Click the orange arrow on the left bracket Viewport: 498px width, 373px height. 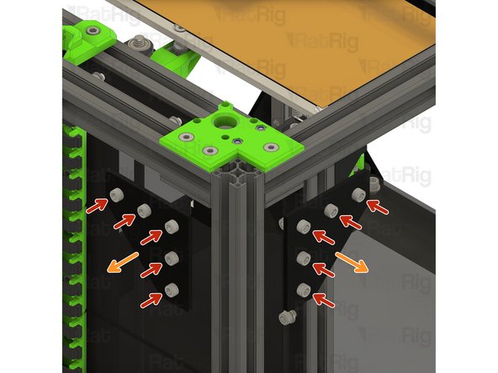[122, 263]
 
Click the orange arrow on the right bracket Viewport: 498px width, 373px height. [352, 263]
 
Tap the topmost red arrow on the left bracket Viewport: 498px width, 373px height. [98, 206]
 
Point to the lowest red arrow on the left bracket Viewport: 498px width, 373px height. [151, 300]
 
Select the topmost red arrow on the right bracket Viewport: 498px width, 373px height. [378, 207]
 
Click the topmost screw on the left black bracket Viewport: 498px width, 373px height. [116, 194]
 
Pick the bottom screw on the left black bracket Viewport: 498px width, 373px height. [172, 290]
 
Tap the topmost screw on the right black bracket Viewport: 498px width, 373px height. [358, 193]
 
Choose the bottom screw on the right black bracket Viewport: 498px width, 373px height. [304, 290]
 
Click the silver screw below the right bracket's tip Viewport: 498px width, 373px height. [287, 318]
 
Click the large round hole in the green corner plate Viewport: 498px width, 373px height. [225, 122]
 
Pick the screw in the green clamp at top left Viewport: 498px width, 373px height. [93, 31]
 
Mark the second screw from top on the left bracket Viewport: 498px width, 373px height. [144, 210]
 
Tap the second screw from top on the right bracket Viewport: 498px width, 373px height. [331, 211]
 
